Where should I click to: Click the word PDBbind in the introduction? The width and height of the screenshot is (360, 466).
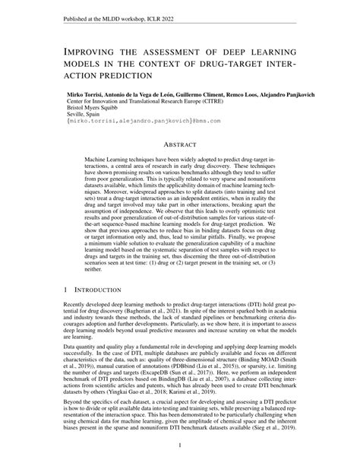tap(187, 373)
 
